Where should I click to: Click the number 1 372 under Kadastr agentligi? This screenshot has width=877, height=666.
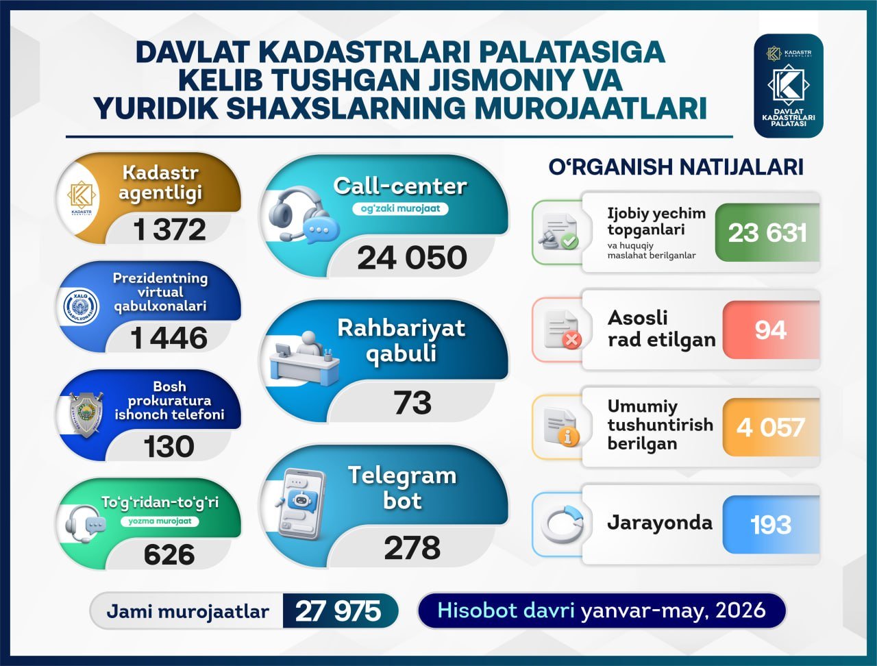(x=169, y=230)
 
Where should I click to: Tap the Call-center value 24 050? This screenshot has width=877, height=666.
(x=412, y=258)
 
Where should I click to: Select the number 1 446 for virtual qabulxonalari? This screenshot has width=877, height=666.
(x=169, y=338)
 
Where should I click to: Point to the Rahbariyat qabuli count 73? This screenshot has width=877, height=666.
(x=412, y=403)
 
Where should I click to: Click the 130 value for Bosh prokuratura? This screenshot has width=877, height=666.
(x=169, y=446)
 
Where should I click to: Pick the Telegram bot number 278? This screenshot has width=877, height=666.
(x=412, y=547)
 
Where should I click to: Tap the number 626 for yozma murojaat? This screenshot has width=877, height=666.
(x=169, y=554)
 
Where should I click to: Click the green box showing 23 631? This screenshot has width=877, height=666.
(x=767, y=233)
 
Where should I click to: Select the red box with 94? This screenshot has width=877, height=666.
(x=771, y=330)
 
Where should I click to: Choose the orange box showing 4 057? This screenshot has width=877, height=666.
(x=771, y=427)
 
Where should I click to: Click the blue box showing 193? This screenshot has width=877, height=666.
(x=771, y=525)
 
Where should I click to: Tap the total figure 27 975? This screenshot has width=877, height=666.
(x=338, y=611)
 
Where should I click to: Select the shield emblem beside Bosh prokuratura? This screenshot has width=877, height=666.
(x=86, y=415)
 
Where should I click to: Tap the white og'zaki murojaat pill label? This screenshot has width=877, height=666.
(x=400, y=208)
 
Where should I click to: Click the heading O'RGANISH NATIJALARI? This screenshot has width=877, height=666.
(x=676, y=167)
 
